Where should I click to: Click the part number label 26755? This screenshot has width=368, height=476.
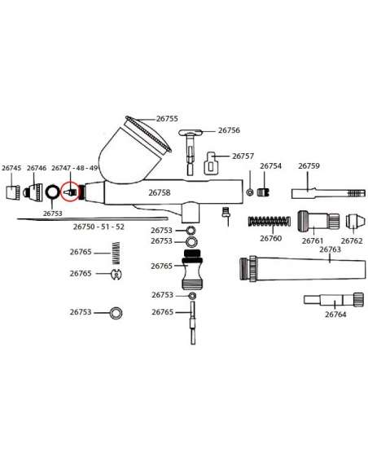point(167,119)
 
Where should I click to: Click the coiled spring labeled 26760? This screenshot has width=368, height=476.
point(269,221)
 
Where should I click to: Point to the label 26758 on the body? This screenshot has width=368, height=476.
point(160,192)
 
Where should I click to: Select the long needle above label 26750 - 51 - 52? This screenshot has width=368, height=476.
point(93,218)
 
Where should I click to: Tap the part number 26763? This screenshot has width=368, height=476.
point(330,249)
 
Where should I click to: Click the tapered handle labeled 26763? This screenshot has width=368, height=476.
point(302,269)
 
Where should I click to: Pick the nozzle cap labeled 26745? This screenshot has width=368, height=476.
point(13,192)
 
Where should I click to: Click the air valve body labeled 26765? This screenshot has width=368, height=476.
point(192,269)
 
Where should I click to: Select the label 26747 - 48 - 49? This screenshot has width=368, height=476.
point(75,168)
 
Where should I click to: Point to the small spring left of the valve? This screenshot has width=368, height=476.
point(116,253)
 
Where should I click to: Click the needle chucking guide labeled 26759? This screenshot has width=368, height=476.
point(328,193)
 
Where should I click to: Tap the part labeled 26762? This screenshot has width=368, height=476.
point(353,221)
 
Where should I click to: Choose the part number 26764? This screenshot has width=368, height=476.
point(335,315)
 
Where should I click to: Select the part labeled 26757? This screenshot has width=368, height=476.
point(211,163)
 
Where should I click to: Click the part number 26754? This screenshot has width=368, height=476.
point(270,165)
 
